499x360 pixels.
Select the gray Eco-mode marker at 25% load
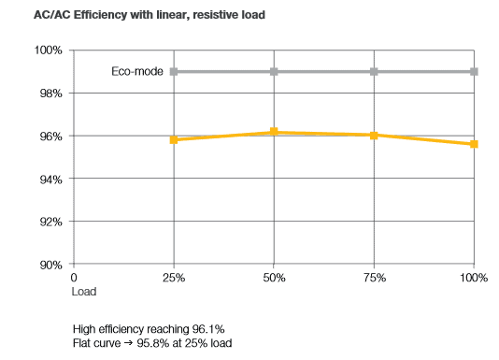(x=174, y=72)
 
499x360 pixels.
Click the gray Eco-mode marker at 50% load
(x=274, y=72)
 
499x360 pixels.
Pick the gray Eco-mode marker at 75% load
(x=374, y=72)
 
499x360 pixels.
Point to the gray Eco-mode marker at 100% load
(x=474, y=72)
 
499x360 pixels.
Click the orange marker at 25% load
(x=174, y=140)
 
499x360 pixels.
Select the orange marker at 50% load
(x=274, y=132)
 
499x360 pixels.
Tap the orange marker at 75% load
(x=374, y=136)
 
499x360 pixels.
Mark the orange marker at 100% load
(x=474, y=144)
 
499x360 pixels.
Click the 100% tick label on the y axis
(x=48, y=50)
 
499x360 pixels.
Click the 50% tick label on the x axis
(x=274, y=279)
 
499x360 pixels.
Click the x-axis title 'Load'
(x=84, y=292)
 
